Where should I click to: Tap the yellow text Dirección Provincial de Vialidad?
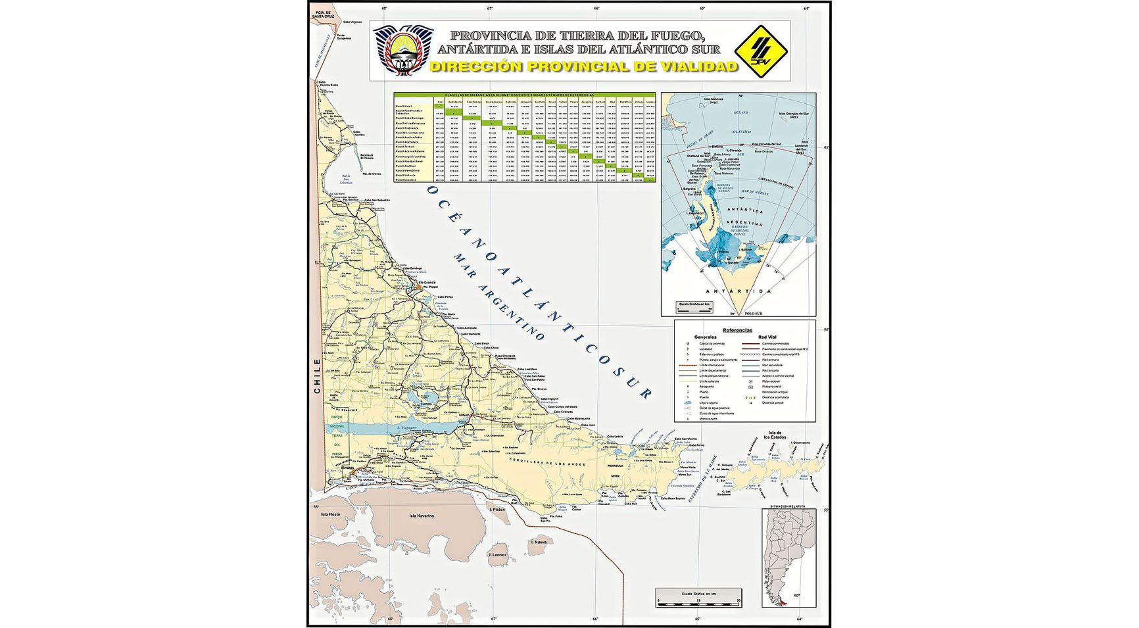(583, 66)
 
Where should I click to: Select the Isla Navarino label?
(422, 516)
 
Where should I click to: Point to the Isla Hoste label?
(330, 514)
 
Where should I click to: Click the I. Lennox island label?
(497, 555)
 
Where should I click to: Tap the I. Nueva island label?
(539, 542)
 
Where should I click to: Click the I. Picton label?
(498, 510)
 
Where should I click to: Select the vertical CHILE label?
(318, 376)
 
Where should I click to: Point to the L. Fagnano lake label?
(408, 428)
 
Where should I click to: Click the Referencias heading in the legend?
(737, 330)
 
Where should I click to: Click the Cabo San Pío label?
(546, 519)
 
